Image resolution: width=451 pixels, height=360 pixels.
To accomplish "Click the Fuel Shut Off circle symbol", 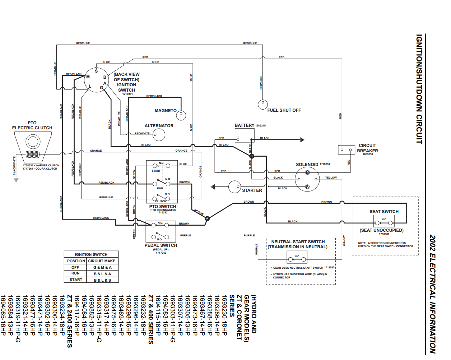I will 262,105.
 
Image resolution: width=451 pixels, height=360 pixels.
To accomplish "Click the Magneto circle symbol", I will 181,115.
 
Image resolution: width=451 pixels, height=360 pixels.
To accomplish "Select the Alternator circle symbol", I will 159,135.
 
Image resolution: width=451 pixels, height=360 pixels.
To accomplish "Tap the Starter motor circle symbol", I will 234,187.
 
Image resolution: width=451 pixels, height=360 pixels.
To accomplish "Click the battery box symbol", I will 245,135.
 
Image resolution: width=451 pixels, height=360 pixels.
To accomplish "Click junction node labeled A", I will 207,218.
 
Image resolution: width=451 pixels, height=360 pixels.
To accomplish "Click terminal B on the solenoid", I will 307,173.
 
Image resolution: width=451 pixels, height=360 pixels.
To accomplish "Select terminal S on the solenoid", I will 307,186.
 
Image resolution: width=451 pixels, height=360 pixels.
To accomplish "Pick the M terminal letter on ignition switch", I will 88,77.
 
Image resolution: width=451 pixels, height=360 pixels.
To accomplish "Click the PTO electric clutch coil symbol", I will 33,154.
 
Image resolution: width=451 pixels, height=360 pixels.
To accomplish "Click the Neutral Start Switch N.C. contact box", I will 297,258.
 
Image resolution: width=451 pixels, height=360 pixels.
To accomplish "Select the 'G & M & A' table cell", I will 102,267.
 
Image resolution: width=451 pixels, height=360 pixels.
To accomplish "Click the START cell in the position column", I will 76,280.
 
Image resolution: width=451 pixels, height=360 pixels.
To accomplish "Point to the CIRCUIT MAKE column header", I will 102,261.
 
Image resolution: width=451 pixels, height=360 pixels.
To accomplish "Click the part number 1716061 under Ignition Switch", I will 127,94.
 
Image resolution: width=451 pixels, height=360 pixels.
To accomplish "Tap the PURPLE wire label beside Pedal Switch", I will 186,235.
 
